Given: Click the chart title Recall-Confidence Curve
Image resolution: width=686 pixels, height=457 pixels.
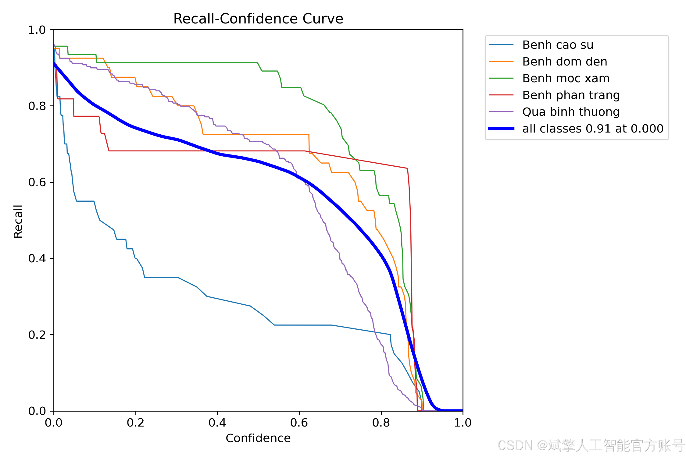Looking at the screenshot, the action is (258, 19).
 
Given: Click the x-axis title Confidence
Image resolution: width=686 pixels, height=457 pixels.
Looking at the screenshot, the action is (258, 438).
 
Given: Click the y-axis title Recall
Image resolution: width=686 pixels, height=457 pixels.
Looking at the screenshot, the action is (18, 221).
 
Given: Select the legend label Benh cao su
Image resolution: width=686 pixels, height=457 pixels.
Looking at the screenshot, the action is (558, 45).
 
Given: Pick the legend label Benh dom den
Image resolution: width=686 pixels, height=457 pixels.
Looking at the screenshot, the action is (565, 62).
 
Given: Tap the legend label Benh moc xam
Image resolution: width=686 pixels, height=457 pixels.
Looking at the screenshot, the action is (566, 78).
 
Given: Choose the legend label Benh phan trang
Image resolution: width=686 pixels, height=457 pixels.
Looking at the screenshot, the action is (571, 95).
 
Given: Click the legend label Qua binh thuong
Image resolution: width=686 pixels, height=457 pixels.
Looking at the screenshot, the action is (571, 112).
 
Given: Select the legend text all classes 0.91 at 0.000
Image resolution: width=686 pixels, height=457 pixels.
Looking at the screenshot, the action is (593, 129).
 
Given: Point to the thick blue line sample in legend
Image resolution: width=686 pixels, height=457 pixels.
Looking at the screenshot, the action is (501, 129).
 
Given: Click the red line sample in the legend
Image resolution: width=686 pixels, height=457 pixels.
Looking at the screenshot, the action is (501, 95).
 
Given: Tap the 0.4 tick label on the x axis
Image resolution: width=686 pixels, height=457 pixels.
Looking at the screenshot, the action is (217, 423).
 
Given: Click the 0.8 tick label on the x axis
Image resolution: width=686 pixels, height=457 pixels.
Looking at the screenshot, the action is (381, 423).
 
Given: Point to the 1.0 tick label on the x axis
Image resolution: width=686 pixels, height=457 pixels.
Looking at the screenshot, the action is (463, 423).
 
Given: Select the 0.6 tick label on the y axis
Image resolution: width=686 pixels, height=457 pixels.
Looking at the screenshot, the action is (37, 182).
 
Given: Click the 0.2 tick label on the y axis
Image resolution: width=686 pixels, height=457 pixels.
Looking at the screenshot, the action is (37, 335).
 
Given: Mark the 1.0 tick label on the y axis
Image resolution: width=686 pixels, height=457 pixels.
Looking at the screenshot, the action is (37, 30).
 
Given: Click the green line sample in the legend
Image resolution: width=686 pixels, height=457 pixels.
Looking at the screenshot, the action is (501, 78).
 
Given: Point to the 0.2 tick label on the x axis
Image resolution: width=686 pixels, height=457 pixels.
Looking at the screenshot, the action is (136, 423).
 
